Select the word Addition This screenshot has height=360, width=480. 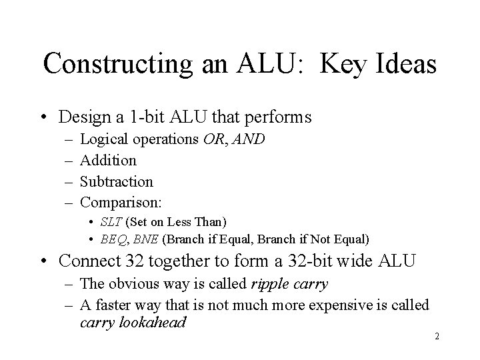(x=108, y=161)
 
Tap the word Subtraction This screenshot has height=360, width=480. (x=117, y=181)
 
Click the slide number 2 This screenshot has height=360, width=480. (x=437, y=336)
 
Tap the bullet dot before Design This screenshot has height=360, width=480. (x=43, y=118)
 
